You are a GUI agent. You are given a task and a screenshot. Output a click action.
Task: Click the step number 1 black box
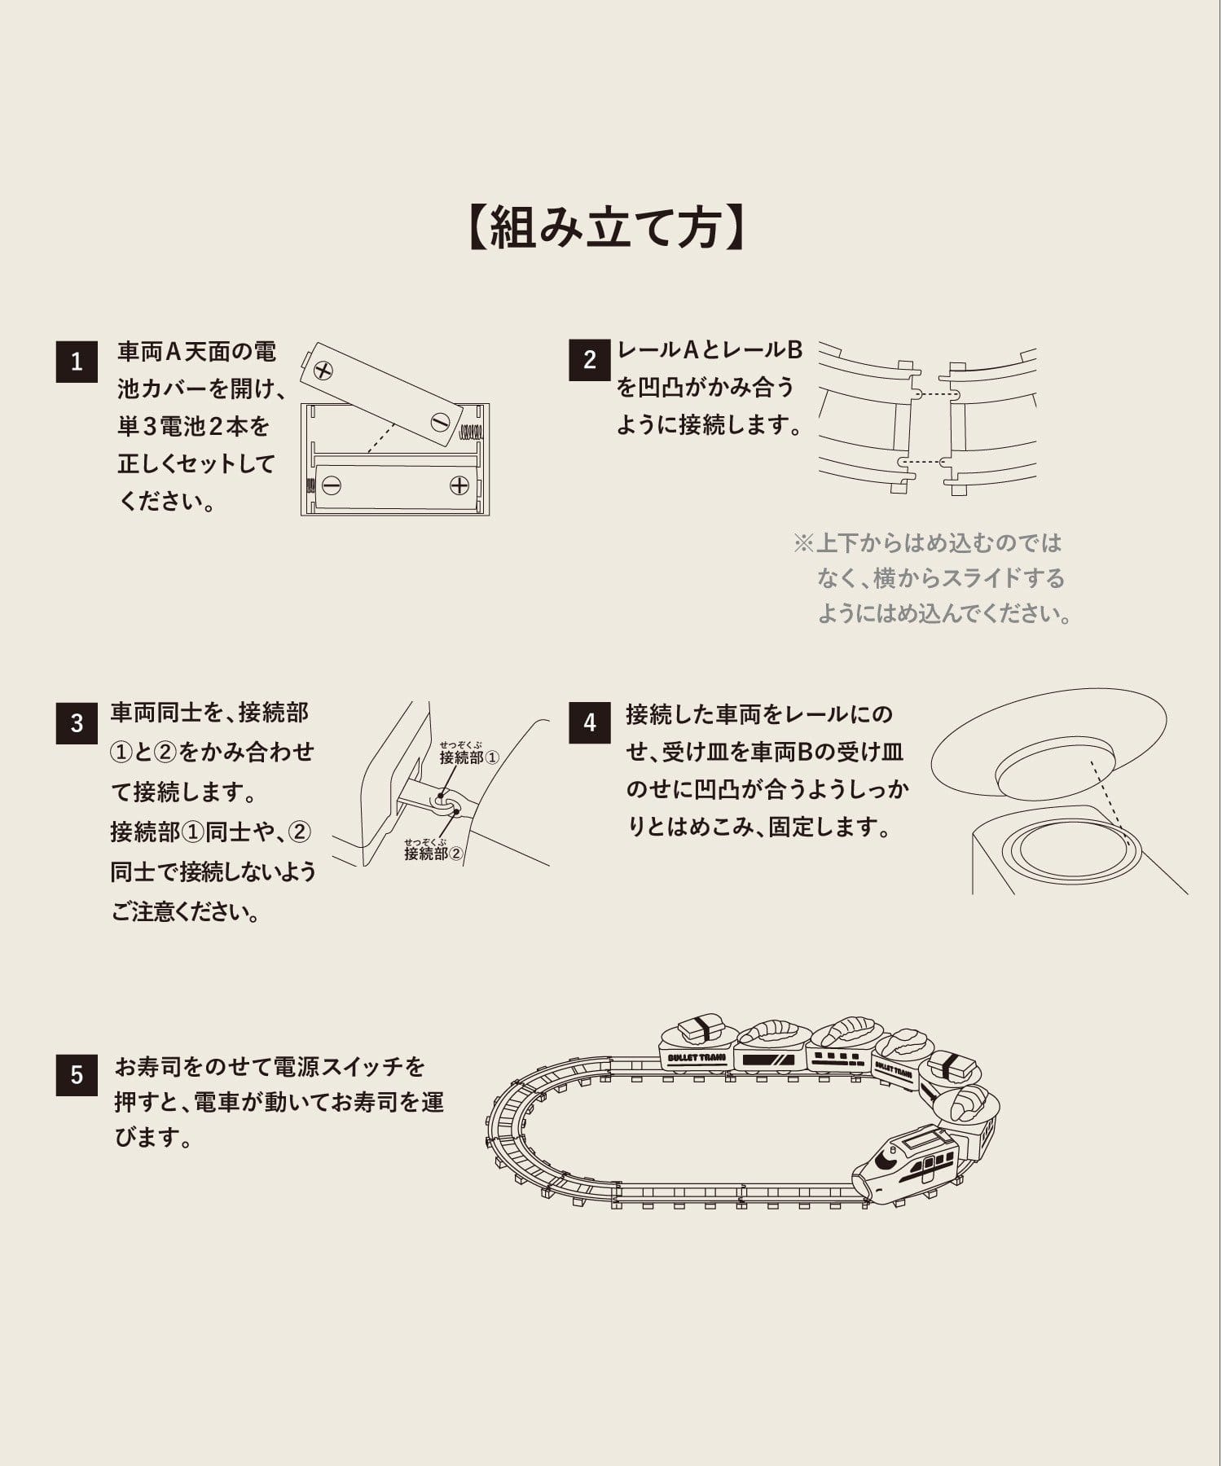pos(77,361)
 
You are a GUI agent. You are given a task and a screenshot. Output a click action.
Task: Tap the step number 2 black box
pos(590,360)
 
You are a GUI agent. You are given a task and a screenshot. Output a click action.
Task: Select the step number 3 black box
pos(77,723)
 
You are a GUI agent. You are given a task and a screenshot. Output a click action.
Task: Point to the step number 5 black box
pos(77,1074)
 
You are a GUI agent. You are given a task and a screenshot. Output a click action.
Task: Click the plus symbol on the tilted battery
pos(324,371)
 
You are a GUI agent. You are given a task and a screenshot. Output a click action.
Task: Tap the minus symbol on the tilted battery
pos(440,423)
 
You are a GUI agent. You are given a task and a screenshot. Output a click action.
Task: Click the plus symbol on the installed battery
pos(459,486)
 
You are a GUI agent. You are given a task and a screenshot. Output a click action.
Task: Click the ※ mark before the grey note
pos(803,543)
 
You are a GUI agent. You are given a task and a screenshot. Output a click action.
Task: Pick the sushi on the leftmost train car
pos(699,1029)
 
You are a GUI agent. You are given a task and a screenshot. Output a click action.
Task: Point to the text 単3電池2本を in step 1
pos(194,426)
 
